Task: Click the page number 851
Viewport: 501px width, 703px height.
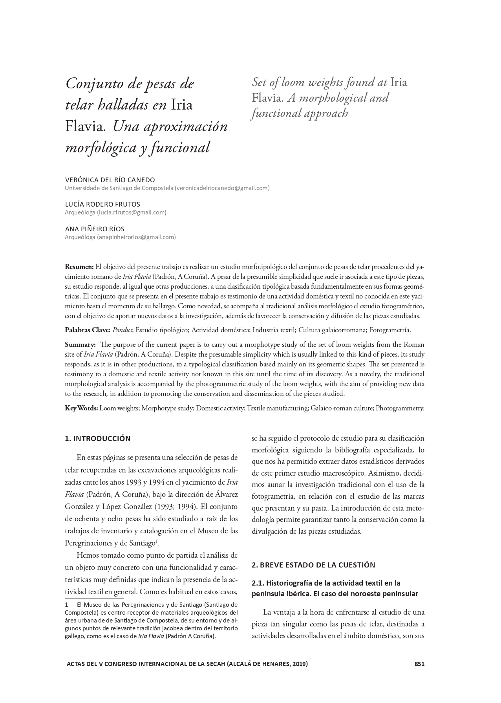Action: (x=419, y=664)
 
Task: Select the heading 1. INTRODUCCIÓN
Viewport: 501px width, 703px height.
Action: (x=97, y=438)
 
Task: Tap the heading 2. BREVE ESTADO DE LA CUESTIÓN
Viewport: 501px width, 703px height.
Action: (x=313, y=565)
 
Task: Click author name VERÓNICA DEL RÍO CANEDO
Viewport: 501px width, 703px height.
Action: (x=110, y=180)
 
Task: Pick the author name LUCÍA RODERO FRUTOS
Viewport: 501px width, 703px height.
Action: (x=102, y=204)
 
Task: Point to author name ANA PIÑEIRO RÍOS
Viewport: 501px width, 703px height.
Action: (x=95, y=229)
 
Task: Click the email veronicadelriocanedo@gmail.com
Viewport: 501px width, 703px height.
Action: (x=222, y=188)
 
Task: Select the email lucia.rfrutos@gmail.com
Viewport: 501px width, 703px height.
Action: (x=132, y=212)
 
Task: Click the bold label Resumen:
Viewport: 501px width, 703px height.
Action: (x=79, y=267)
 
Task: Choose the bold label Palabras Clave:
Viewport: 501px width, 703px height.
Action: (x=87, y=330)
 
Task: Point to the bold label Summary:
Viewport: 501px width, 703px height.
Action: (x=80, y=344)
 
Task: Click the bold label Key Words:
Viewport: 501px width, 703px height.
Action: (x=81, y=408)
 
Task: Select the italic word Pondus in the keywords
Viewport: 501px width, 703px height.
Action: (x=123, y=330)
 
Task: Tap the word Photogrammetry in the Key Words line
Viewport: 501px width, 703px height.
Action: (x=400, y=408)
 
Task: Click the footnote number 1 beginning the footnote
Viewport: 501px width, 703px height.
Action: (x=67, y=604)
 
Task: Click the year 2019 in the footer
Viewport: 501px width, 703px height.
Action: (x=299, y=664)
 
